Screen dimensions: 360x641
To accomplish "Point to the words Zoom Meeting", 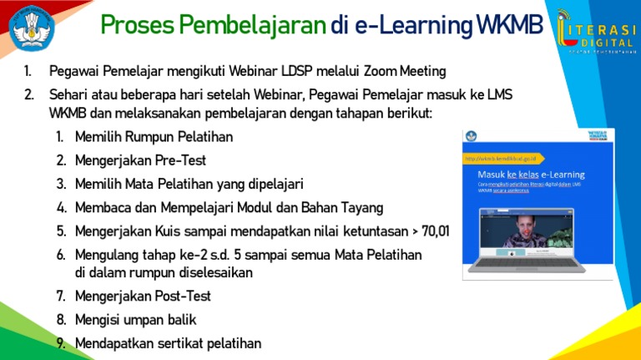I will [405, 72].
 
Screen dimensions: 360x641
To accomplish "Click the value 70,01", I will [432, 231].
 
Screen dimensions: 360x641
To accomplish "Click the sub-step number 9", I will [61, 342].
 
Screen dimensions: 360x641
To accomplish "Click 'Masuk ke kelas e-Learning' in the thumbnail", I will [531, 174].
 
